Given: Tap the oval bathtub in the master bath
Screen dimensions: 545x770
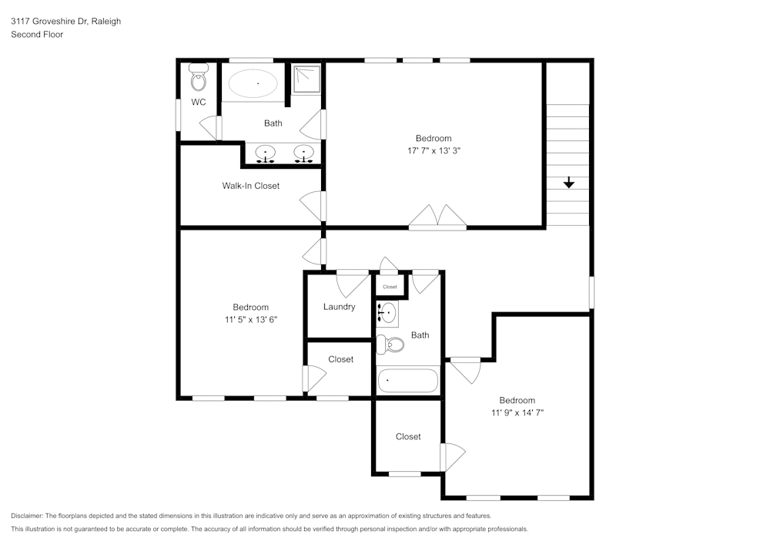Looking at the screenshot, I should tap(254, 83).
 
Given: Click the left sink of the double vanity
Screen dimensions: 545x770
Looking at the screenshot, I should tap(266, 153).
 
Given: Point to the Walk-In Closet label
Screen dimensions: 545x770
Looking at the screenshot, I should tap(250, 186).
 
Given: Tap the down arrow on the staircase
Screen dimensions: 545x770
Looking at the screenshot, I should tap(568, 183).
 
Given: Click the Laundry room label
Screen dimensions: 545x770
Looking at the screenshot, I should tap(339, 307).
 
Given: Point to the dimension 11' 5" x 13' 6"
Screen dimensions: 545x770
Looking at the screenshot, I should tap(250, 319).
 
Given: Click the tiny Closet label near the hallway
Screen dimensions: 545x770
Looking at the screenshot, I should tap(390, 287).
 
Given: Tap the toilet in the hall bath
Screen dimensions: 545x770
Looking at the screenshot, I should tap(392, 345).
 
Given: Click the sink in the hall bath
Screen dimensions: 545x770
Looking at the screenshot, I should tap(389, 314).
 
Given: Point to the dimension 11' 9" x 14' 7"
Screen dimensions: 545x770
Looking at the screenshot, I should tap(517, 412).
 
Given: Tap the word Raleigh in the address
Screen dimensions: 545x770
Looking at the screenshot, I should tap(105, 22).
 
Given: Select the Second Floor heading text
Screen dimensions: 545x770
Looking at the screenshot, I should tap(37, 35).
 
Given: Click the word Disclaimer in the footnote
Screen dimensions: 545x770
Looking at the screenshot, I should tap(27, 516).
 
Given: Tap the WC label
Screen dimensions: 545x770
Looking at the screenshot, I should tap(199, 103).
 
